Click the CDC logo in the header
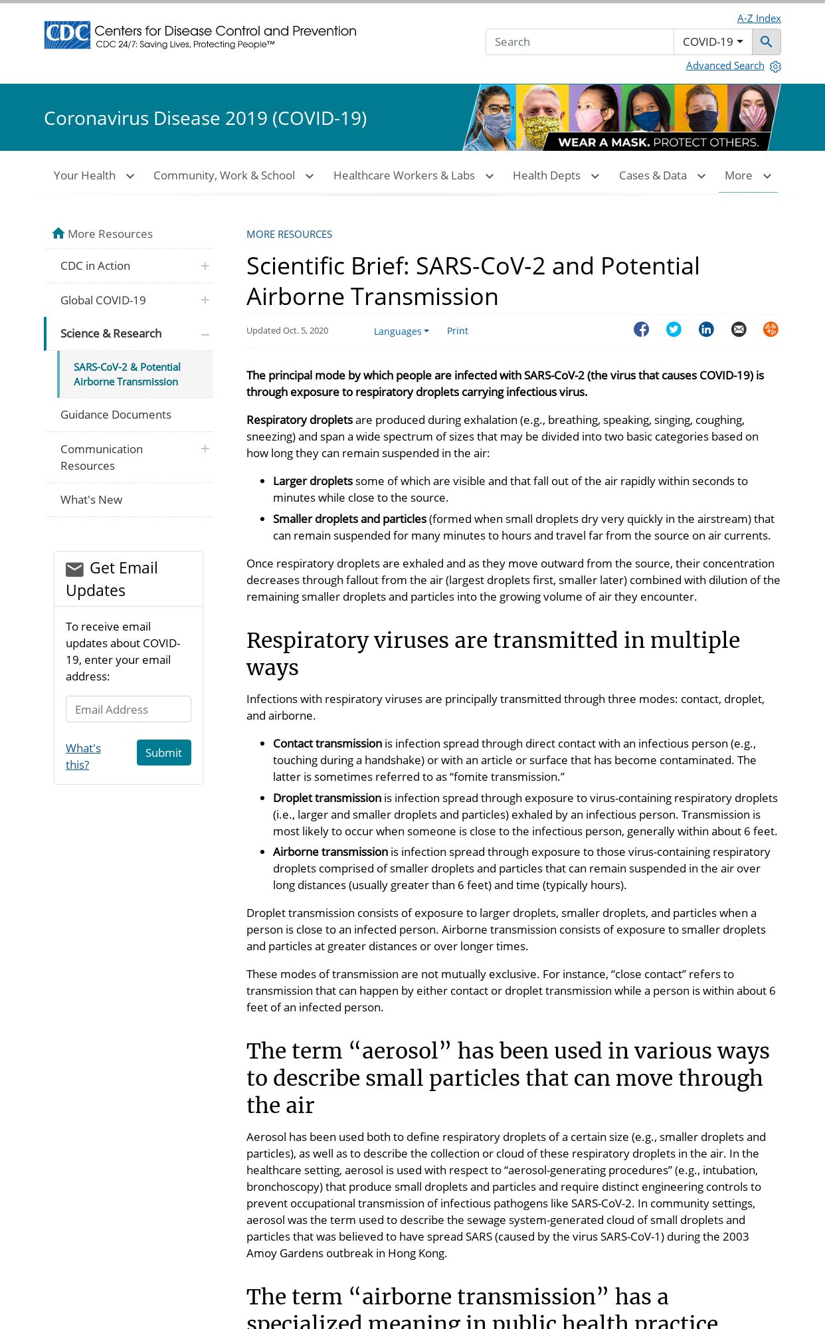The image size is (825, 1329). tap(67, 35)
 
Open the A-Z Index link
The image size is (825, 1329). tap(759, 19)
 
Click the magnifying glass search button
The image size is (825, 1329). tap(766, 42)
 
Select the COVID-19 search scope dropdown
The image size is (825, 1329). tap(712, 42)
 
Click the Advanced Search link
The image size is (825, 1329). tap(725, 66)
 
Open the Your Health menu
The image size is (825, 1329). tap(93, 175)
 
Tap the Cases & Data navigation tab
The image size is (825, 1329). tap(661, 175)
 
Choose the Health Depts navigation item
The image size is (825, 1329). tap(555, 175)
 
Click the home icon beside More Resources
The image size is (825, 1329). tap(58, 233)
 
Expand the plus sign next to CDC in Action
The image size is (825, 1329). tap(205, 266)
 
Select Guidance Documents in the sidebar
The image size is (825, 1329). tap(116, 415)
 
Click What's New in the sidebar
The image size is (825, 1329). tap(91, 500)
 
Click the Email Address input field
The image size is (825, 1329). tap(128, 709)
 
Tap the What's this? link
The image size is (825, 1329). tap(83, 756)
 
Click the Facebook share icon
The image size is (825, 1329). tap(641, 330)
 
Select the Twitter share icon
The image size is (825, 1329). tap(674, 330)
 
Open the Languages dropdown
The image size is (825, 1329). tap(401, 331)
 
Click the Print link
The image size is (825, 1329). tap(457, 331)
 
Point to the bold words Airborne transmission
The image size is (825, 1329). tap(330, 852)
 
